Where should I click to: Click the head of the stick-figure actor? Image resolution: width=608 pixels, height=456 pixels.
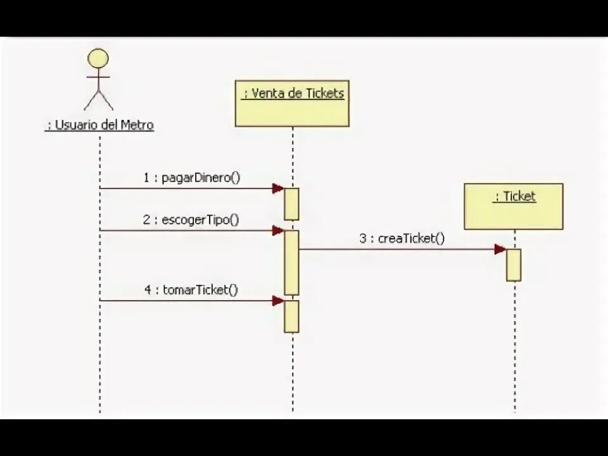pos(98,59)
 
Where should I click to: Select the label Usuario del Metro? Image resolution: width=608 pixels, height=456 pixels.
pos(100,125)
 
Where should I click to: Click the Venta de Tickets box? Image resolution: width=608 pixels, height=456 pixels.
pos(292,103)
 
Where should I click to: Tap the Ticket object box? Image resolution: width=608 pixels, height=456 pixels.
pos(513,206)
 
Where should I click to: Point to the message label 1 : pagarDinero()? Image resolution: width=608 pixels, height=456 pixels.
pos(191,178)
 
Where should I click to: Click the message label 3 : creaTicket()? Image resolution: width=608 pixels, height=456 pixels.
pos(402,239)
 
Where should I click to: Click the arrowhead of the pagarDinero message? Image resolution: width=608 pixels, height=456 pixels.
pos(277,188)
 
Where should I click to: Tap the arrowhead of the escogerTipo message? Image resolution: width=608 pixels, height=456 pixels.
pos(277,231)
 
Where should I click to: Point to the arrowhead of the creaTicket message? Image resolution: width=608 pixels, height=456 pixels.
pos(500,249)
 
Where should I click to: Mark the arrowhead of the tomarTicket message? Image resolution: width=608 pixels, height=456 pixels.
pos(277,301)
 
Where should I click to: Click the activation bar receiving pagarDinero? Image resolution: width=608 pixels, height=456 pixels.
pos(291,203)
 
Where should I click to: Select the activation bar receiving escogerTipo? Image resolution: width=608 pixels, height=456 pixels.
pos(291,262)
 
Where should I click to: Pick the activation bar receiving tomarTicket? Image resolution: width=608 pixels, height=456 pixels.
pos(291,316)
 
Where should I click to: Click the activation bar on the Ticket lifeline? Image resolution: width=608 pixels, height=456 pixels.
pos(514,265)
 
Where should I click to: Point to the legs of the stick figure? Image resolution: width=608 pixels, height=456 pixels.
pos(98,100)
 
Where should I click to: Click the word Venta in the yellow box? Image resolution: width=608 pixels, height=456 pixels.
pos(266,94)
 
